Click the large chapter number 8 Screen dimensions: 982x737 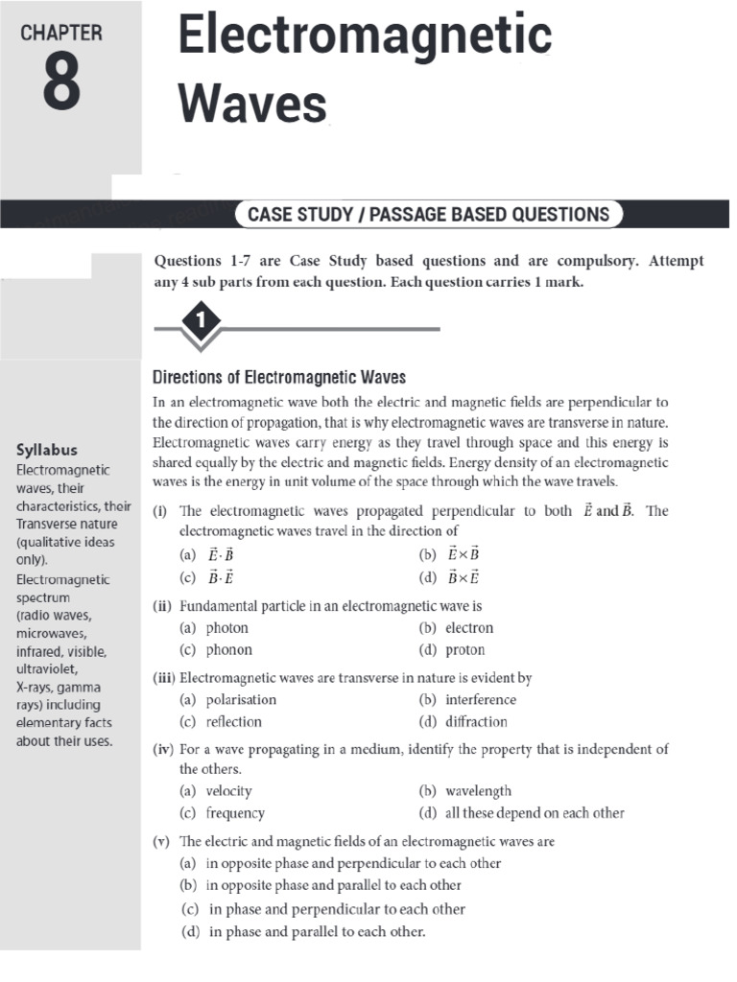62,84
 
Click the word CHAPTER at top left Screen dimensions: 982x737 62,33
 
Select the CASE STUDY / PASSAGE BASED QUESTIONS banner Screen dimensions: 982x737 428,214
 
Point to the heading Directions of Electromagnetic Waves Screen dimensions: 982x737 279,376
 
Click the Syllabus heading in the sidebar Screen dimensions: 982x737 47,449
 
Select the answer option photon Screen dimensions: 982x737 226,628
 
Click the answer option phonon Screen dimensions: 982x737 228,650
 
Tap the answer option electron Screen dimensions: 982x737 468,628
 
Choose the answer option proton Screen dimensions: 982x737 464,650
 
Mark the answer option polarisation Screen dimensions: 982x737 241,700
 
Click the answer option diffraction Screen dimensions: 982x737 476,722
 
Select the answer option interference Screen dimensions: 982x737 480,700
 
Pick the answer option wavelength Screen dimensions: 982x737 478,791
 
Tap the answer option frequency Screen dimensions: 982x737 235,813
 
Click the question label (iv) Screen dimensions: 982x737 162,749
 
